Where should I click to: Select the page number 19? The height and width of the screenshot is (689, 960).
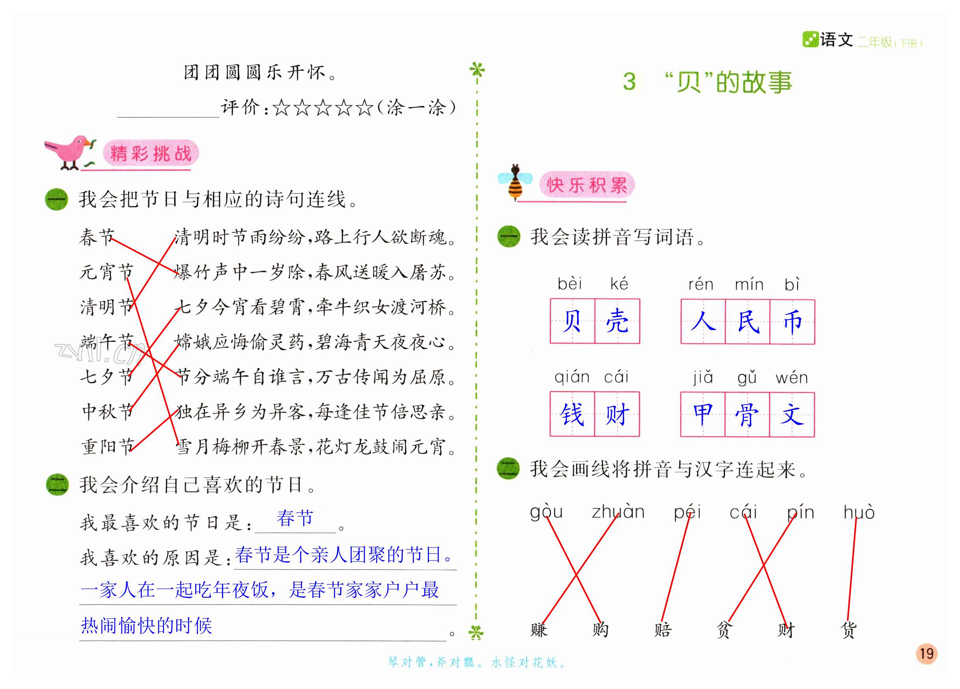click(x=926, y=654)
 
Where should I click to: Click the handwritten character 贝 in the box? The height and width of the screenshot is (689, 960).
click(x=572, y=321)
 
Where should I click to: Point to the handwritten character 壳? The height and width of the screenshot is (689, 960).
click(x=617, y=321)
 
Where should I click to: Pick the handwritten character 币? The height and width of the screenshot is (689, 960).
click(x=792, y=321)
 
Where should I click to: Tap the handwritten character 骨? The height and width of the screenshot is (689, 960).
click(x=747, y=414)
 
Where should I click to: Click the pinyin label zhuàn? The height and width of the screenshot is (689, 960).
click(x=618, y=512)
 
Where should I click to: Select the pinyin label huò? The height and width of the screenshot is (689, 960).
click(x=859, y=512)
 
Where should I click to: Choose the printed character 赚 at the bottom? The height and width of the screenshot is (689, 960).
click(x=539, y=630)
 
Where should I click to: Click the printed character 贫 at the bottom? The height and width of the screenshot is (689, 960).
click(x=724, y=630)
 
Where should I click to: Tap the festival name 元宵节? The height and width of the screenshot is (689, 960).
click(x=107, y=271)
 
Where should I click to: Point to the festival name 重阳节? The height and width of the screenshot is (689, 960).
click(x=108, y=447)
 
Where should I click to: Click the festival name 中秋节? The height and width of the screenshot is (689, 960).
click(x=108, y=412)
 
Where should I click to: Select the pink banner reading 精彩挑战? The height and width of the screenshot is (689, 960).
click(x=151, y=153)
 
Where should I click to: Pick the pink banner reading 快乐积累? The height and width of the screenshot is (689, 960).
click(x=587, y=185)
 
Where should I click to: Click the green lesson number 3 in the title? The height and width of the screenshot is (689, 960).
click(x=629, y=81)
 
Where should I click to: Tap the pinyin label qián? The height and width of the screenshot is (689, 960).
click(x=572, y=377)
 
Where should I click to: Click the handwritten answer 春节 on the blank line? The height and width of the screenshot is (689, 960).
click(x=295, y=518)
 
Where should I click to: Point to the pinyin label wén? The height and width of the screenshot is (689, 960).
click(x=792, y=377)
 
